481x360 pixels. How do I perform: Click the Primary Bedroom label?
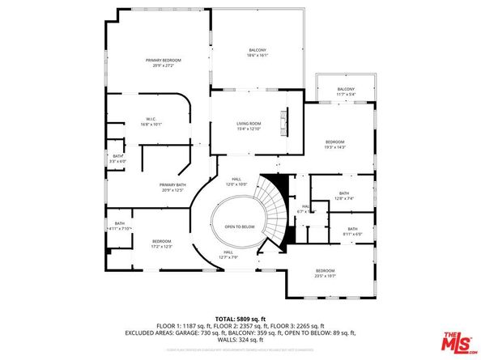(163, 63)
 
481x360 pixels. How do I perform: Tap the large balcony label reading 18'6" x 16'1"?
(257, 53)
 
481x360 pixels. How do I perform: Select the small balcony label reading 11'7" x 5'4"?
(346, 91)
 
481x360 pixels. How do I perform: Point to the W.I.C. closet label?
(151, 122)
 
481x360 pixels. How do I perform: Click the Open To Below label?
(240, 227)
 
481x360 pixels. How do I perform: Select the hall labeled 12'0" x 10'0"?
(236, 182)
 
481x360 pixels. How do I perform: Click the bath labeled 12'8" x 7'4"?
(344, 196)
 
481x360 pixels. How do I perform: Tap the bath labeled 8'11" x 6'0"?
(352, 231)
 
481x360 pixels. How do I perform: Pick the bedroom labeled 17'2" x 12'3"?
(162, 244)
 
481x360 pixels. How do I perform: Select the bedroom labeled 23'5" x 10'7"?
(325, 273)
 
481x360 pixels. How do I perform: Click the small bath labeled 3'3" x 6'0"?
(118, 159)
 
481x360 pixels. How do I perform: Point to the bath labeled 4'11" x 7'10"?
(119, 227)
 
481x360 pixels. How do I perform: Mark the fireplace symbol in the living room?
(283, 123)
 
